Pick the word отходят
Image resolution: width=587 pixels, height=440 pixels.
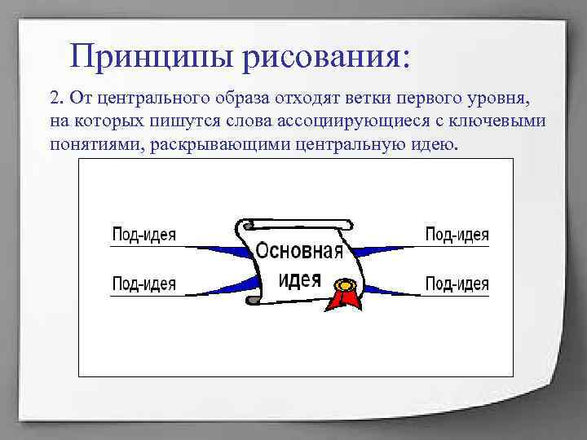pos(307,99)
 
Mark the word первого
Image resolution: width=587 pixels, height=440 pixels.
pos(429,99)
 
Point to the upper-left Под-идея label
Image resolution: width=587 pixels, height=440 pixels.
pos(143,235)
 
